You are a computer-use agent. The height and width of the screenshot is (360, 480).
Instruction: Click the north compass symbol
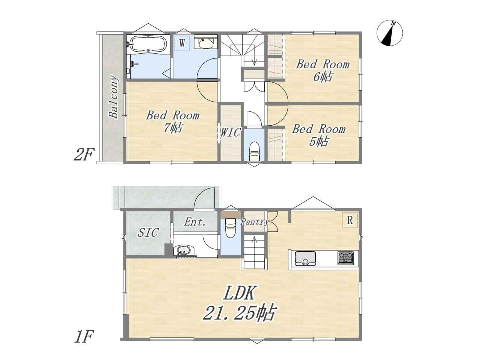[390, 33]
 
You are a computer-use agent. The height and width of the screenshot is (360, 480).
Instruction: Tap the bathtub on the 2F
[148, 44]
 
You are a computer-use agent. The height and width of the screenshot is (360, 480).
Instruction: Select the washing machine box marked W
[182, 43]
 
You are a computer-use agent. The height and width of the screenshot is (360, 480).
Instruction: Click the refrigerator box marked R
[350, 220]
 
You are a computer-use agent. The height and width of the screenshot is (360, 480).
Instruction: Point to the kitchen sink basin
[305, 258]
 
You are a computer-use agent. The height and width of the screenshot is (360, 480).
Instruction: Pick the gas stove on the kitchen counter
[345, 258]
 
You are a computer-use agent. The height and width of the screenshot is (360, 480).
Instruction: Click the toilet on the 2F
[254, 151]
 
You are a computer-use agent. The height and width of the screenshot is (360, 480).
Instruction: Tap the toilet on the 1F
[230, 228]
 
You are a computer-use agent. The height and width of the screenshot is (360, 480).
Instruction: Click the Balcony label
[114, 97]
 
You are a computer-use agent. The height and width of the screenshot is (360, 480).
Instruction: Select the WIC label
[231, 132]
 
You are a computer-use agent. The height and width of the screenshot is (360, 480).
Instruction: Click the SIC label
[148, 232]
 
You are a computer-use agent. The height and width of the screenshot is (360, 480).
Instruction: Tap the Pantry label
[255, 222]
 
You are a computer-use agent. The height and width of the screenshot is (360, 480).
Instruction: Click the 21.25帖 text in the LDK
[240, 313]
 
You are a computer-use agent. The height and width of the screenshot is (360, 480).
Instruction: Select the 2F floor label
[84, 154]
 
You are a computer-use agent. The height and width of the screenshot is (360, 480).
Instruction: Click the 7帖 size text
[173, 128]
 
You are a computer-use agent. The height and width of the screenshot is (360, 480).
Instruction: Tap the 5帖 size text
[318, 141]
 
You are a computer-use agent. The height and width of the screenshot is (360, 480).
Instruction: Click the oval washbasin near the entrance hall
[184, 250]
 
